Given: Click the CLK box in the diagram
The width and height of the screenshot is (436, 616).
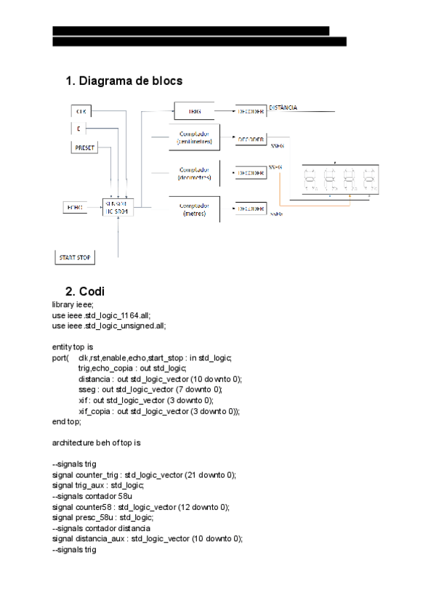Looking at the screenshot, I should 82,112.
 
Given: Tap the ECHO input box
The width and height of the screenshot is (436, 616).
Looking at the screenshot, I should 75,208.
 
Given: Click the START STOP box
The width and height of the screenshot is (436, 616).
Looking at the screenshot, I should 76,256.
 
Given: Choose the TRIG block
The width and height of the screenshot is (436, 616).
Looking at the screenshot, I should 194,112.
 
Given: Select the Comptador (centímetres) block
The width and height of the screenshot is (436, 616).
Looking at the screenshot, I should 194,138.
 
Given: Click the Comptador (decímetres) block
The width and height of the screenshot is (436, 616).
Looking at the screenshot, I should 194,174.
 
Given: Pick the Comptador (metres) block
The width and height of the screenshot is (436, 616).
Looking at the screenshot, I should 194,209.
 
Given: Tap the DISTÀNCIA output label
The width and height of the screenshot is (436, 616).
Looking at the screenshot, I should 283,108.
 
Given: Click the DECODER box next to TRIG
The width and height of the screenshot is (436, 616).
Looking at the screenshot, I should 250,112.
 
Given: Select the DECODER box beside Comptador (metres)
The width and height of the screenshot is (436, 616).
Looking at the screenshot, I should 250,209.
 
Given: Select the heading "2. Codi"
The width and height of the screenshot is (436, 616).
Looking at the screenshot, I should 85,291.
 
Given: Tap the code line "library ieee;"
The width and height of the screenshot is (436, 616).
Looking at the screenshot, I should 73,304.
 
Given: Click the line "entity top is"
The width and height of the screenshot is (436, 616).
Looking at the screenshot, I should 73,347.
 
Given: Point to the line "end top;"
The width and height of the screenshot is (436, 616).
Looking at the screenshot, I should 67,421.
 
